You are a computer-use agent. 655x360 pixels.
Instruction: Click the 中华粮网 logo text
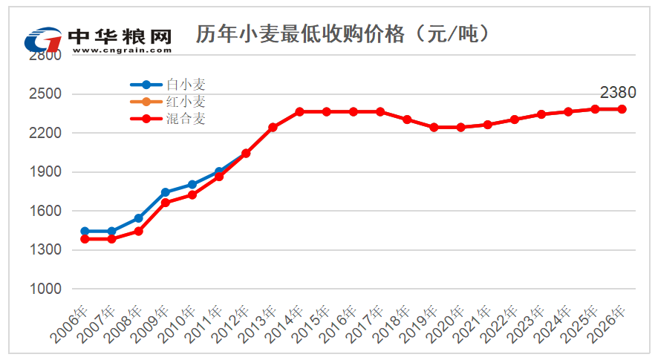point(119,36)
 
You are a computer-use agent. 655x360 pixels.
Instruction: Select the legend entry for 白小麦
point(185,85)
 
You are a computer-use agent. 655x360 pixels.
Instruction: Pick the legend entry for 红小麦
point(185,102)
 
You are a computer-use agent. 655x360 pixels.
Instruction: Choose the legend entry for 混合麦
point(185,118)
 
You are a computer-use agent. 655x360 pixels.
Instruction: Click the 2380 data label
point(618,93)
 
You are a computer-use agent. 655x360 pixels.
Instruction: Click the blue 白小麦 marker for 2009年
point(166,192)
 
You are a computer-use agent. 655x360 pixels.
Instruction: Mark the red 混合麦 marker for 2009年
point(166,203)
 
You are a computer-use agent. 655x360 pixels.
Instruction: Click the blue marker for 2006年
point(85,232)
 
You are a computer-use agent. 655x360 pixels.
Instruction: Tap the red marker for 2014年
point(299,111)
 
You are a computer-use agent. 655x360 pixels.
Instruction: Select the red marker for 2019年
point(434,127)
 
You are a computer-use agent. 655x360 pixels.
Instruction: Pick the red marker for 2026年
point(622,109)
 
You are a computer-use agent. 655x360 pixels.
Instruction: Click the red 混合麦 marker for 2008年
point(138,231)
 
